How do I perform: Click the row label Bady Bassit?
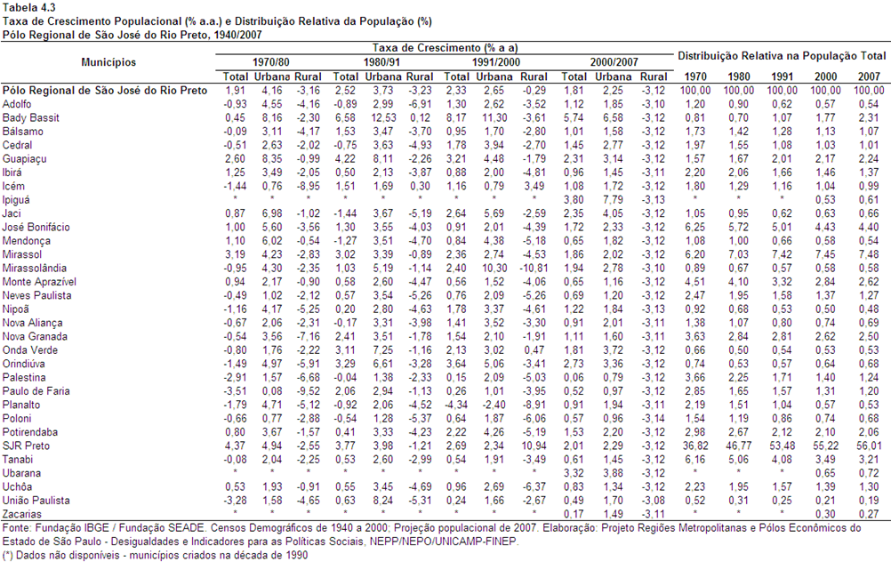[31, 117]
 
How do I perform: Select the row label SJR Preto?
[26, 446]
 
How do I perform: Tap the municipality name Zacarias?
[22, 514]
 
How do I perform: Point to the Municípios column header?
[108, 62]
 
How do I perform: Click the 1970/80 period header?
[270, 62]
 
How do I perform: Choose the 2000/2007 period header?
[614, 62]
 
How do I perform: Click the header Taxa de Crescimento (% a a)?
[445, 48]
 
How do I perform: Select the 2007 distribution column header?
[869, 76]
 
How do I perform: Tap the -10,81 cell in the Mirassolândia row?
[533, 268]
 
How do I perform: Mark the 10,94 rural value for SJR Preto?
[534, 446]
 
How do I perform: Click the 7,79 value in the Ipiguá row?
[613, 199]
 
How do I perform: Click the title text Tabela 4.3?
[29, 7]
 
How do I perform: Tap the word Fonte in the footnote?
[15, 528]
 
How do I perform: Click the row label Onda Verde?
[30, 350]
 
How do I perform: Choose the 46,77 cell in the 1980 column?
[739, 446]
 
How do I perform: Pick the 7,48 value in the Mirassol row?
[869, 254]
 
